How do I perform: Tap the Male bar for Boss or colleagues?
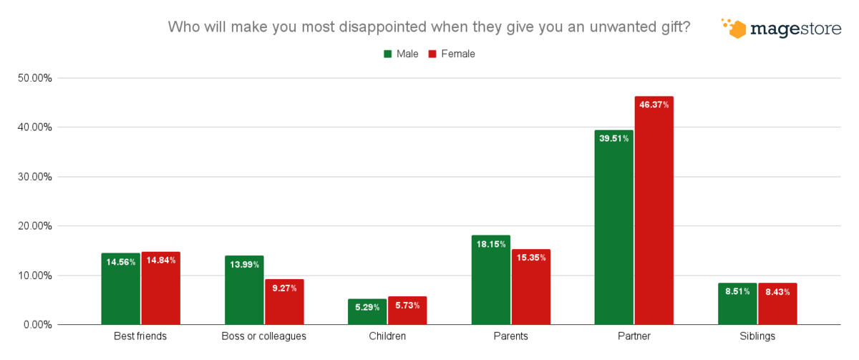pyautogui.click(x=244, y=290)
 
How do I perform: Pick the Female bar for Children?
pyautogui.click(x=407, y=311)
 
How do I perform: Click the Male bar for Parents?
pyautogui.click(x=491, y=280)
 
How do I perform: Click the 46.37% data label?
pyautogui.click(x=654, y=104)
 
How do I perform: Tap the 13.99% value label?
pyautogui.click(x=244, y=265)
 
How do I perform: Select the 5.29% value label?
pyautogui.click(x=367, y=307)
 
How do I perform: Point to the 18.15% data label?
pyautogui.click(x=491, y=244)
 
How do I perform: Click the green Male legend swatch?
pyautogui.click(x=389, y=54)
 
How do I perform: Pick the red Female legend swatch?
pyautogui.click(x=432, y=54)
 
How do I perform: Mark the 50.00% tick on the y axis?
pyautogui.click(x=35, y=78)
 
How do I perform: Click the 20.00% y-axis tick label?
pyautogui.click(x=35, y=226)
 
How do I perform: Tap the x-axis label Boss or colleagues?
pyautogui.click(x=264, y=336)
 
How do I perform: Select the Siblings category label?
pyautogui.click(x=757, y=336)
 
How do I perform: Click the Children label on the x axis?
pyautogui.click(x=387, y=336)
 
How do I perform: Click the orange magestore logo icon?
pyautogui.click(x=734, y=28)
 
